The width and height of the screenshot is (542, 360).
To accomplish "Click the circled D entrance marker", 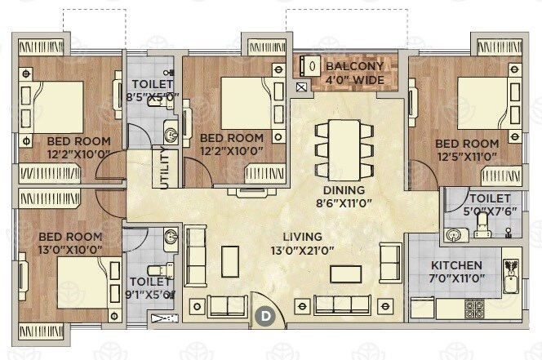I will pos(264,314).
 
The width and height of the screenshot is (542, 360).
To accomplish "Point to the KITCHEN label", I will pos(456,266).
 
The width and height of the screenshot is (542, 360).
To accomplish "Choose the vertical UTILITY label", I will pos(166,169).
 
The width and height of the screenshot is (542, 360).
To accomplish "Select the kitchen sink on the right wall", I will pos(513,277).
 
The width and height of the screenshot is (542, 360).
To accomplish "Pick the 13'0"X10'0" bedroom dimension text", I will pos(69,249).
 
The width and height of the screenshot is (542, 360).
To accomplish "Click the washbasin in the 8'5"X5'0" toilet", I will pos(171,133).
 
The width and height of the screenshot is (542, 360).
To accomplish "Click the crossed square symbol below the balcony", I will pos(302,87).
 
